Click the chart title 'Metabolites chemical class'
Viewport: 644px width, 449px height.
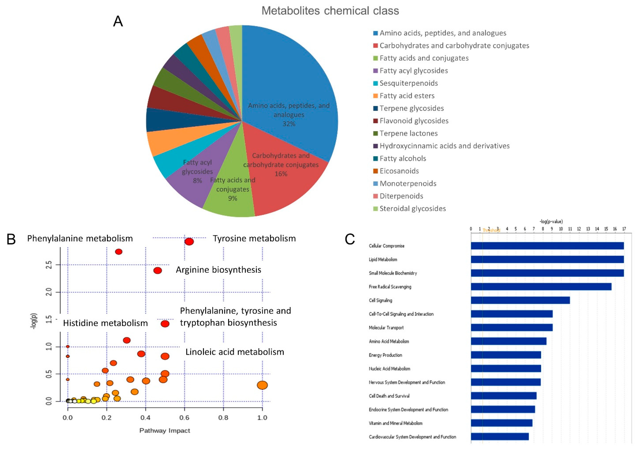click(330, 11)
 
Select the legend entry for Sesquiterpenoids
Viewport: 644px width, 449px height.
click(408, 83)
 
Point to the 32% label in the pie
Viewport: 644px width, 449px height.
click(289, 124)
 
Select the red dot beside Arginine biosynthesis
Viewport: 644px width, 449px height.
click(158, 270)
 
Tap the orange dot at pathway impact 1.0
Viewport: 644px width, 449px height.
click(262, 385)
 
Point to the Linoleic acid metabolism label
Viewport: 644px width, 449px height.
click(235, 352)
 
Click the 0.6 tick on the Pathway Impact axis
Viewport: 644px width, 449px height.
click(184, 418)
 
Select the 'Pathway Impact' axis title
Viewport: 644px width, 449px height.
click(165, 430)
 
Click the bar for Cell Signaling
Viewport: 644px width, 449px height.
click(520, 300)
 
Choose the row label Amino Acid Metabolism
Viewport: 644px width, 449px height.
click(389, 341)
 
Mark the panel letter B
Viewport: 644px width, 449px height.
click(11, 239)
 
